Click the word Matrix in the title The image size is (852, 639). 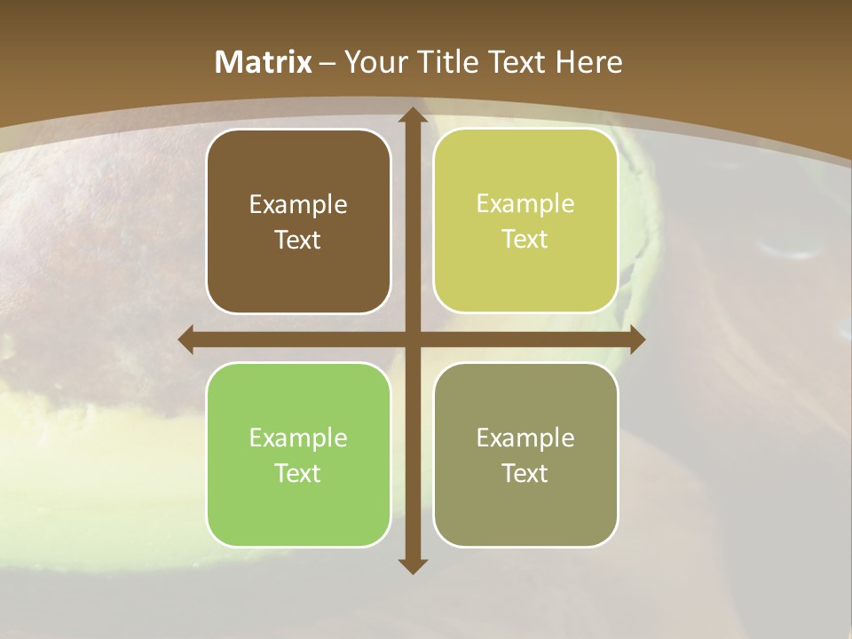tap(264, 62)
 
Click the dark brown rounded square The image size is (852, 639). tap(298, 221)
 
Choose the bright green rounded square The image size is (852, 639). tap(298, 454)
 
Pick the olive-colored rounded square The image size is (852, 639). tap(525, 454)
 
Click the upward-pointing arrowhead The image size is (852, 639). tap(412, 116)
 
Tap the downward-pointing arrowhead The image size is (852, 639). tap(412, 565)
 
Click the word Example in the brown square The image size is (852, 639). tap(298, 205)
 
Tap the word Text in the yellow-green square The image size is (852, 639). tap(525, 239)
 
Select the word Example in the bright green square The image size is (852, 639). tap(298, 438)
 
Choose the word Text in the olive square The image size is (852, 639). tap(525, 473)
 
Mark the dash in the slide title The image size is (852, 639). tap(327, 63)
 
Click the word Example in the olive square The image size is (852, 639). tap(525, 438)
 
